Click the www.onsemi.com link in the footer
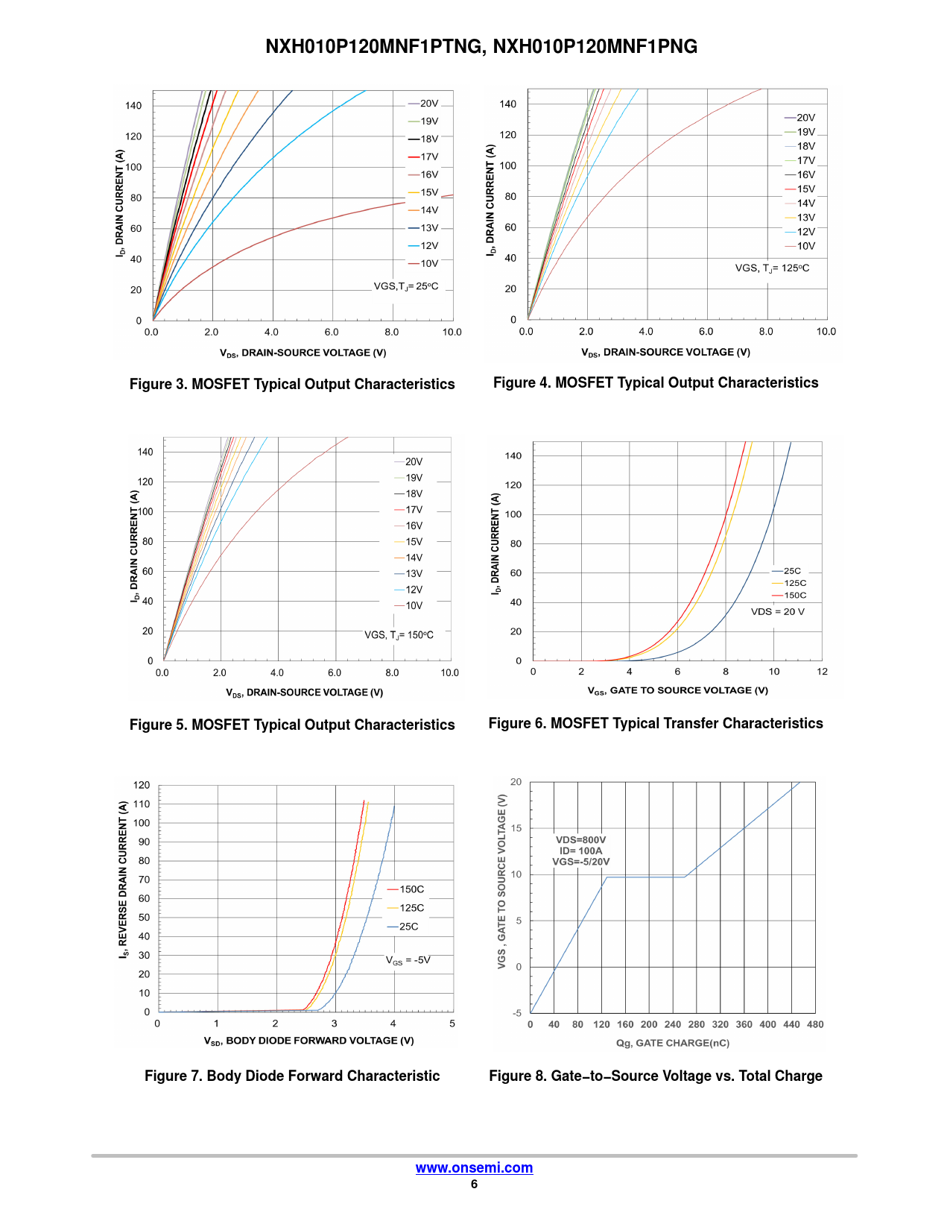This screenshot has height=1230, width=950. point(474,1167)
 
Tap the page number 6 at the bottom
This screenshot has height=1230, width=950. point(474,1184)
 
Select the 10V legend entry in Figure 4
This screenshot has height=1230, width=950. point(805,246)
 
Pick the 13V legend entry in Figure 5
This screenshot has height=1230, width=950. point(414,573)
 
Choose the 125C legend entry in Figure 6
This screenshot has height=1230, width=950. point(794,583)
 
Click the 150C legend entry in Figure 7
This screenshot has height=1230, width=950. point(411,889)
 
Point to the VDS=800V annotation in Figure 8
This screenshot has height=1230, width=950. point(580,840)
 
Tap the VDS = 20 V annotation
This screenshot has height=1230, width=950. point(777,612)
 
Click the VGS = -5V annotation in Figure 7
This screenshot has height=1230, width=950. point(408,960)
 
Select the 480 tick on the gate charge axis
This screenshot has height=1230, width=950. point(815,1024)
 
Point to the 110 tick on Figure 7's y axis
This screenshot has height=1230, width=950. point(142,804)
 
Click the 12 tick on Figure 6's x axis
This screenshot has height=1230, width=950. point(822,672)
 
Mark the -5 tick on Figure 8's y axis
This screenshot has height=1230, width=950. point(517,1013)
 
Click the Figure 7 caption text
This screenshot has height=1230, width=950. point(292,1076)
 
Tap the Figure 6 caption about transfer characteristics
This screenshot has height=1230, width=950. point(656,723)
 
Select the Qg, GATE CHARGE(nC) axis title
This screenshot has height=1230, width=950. point(672,1043)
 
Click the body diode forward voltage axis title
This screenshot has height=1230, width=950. point(308,1041)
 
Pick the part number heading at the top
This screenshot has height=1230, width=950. point(481,46)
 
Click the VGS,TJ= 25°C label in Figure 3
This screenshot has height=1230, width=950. point(406,286)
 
